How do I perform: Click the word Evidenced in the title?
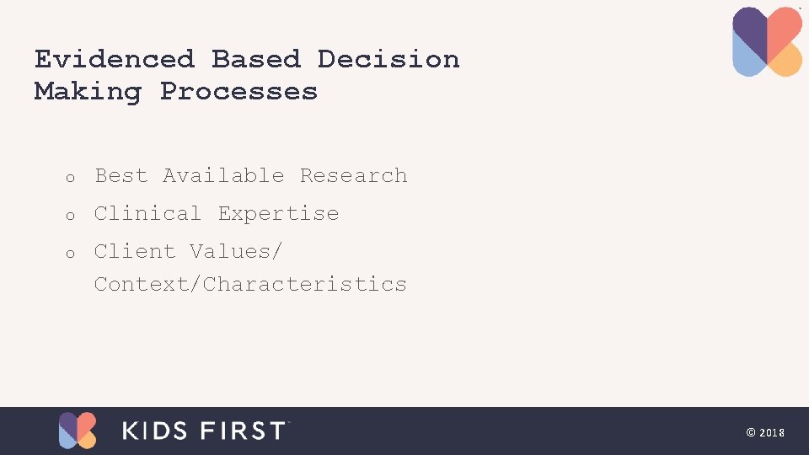114,59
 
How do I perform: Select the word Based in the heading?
255,59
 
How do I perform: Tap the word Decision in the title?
388,59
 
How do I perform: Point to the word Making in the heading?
88,91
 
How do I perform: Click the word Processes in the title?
238,91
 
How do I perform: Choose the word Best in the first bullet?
121,175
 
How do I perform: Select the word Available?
223,175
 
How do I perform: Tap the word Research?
353,175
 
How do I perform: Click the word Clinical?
147,213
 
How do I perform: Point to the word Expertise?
278,213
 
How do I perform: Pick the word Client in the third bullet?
134,251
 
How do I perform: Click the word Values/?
236,251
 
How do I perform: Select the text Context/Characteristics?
250,284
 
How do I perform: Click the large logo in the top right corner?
767,41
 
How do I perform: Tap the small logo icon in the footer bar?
78,431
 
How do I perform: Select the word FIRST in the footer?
244,431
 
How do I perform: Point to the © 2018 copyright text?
765,432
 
